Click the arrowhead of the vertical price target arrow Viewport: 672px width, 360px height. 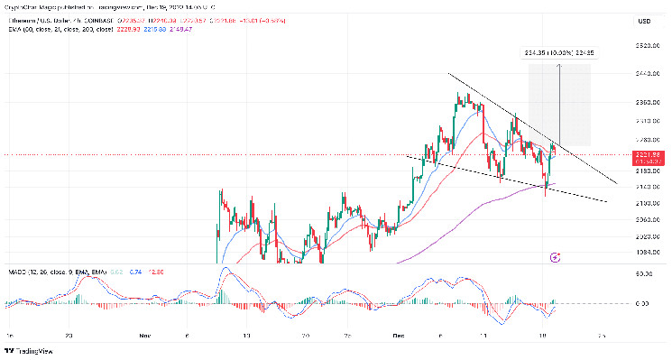tap(560, 67)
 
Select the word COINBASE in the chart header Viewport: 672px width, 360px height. tap(165, 10)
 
